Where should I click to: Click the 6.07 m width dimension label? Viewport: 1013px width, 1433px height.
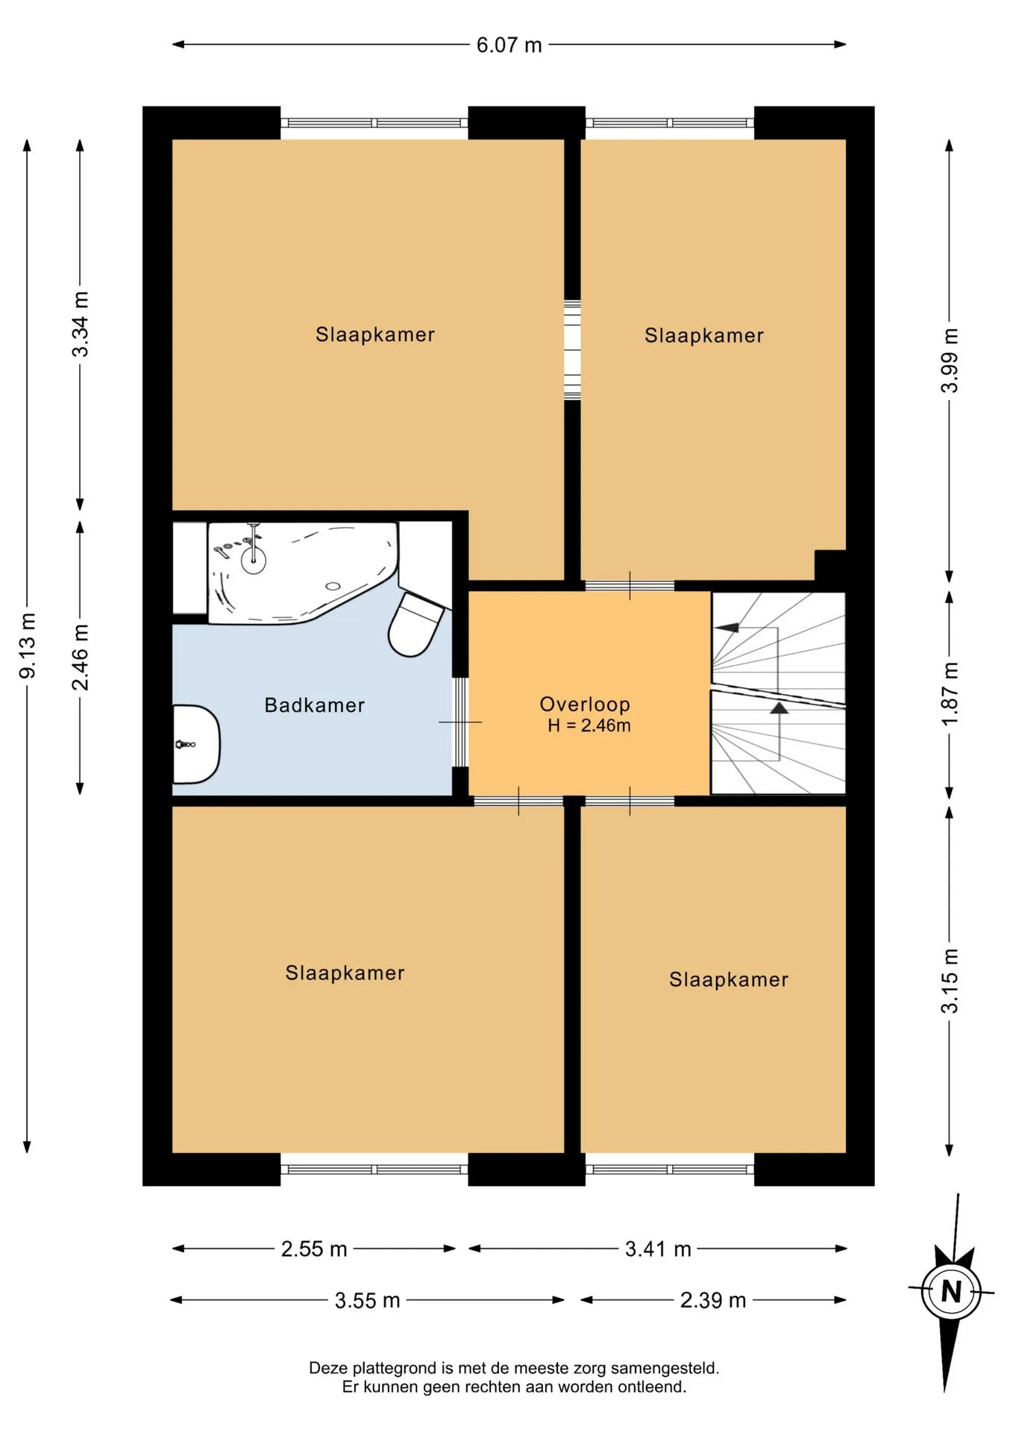pos(509,45)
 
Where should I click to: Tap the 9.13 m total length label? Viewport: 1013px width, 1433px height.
pos(28,646)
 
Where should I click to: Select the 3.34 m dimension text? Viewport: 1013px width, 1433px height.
pos(80,324)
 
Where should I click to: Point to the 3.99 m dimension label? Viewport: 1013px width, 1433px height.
pos(949,360)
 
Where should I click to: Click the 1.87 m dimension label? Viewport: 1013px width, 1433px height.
pos(949,693)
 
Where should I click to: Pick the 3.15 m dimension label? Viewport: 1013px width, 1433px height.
pos(949,981)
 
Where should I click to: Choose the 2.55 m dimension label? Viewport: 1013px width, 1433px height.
pos(314,1249)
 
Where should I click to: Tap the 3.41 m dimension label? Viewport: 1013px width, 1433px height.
pos(658,1249)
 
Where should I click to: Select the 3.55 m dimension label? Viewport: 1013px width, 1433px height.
pos(367,1300)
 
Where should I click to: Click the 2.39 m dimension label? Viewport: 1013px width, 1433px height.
pos(712,1300)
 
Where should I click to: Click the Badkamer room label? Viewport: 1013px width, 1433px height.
pos(315,705)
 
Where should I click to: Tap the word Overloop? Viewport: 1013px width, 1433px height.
pos(585,705)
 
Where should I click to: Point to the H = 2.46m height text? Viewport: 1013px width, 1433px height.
pos(589,725)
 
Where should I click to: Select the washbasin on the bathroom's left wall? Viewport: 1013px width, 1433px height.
pos(196,744)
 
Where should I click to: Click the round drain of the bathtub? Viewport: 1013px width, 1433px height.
pos(333,587)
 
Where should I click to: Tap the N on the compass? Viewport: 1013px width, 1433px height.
pos(950,1291)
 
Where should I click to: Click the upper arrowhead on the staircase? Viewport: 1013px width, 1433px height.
pos(727,628)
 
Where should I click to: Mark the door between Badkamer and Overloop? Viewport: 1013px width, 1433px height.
pos(461,722)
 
